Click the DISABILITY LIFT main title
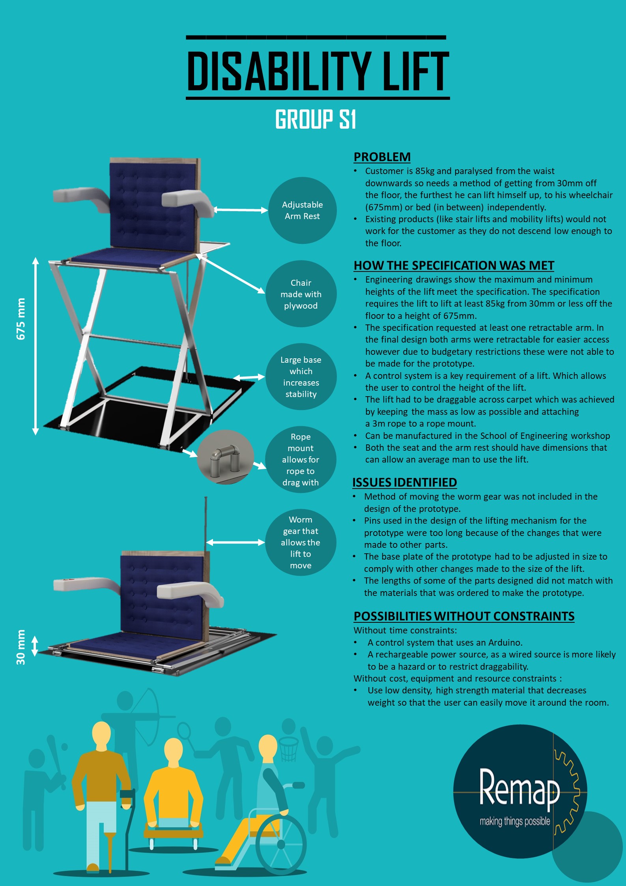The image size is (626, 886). pos(318,71)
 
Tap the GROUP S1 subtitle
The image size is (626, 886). pos(316,119)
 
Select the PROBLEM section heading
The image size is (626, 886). pos(382,157)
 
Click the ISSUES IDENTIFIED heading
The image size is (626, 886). pos(404,482)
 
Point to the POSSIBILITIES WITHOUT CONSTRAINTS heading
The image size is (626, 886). pos(464,616)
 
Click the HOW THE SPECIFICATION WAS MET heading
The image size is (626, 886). pos(454,265)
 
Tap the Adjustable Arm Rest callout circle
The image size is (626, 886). pos(303,210)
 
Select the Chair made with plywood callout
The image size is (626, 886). pos(301,294)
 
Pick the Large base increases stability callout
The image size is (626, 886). pos(301,377)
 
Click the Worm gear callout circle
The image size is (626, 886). pos(301,542)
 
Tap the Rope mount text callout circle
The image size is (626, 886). pos(301,459)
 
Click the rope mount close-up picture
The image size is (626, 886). pos(226,457)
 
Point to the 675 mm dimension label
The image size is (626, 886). pos(21,319)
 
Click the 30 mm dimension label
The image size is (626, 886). pos(21,647)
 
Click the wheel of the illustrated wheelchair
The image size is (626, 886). pos(281,845)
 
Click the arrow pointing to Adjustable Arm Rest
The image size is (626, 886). pos(241,210)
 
